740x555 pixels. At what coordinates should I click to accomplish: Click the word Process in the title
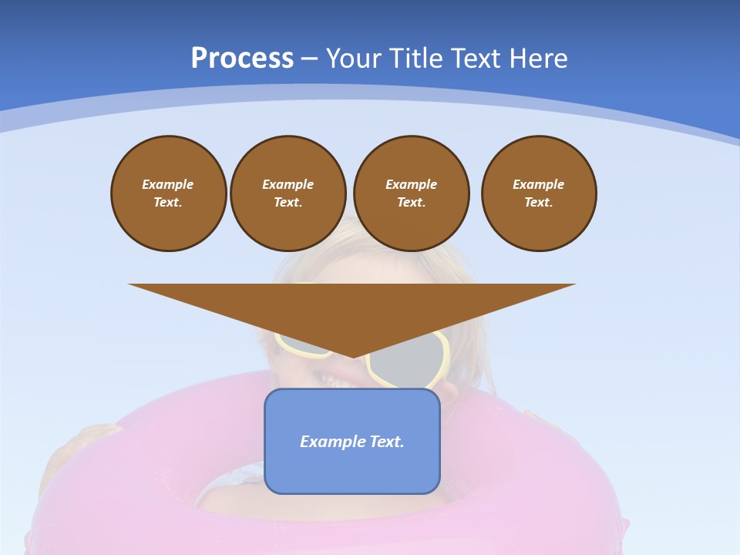click(242, 59)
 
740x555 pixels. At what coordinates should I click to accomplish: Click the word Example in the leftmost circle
click(168, 184)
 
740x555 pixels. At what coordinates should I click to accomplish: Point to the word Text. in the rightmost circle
click(539, 203)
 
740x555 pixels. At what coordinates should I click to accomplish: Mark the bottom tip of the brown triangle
click(352, 355)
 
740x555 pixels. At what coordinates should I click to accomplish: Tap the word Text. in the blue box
click(387, 442)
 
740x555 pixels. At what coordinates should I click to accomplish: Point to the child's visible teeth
click(330, 378)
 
